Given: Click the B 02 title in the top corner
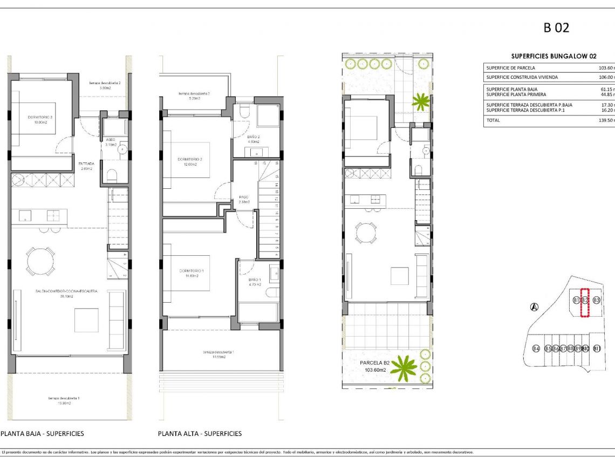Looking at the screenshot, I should coord(556,28).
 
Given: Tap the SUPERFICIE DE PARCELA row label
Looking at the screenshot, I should coord(510,68).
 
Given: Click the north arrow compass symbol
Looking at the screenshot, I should coord(534,307).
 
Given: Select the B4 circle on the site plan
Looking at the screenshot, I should coord(536,349).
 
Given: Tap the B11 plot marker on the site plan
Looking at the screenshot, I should coord(597,349).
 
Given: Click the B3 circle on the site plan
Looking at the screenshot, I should coord(597,300).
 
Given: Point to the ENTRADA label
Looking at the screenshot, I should coord(86,163).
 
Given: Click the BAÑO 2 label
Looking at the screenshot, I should coord(255,137).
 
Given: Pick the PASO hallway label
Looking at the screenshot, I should coord(243,197).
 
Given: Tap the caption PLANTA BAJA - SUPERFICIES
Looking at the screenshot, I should coord(43,433).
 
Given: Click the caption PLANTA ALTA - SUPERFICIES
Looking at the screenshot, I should coord(200,433).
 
